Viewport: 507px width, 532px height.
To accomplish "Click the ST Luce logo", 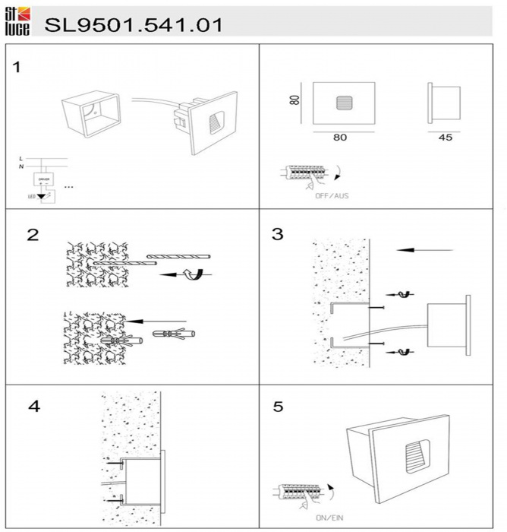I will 17,21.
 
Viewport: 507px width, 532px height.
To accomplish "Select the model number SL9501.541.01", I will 134,24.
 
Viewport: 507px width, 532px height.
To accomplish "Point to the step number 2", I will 33,234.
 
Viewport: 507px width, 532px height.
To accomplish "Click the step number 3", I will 277,234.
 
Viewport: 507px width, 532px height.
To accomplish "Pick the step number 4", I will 33,407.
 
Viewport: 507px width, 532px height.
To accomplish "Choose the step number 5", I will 278,407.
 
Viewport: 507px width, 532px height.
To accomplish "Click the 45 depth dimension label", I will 445,138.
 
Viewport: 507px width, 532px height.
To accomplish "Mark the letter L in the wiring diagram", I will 20,158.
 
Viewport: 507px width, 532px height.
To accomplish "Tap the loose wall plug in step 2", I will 173,334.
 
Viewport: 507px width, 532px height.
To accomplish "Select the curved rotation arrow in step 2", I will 197,274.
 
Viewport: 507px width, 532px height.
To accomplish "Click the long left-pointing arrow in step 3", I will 425,249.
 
